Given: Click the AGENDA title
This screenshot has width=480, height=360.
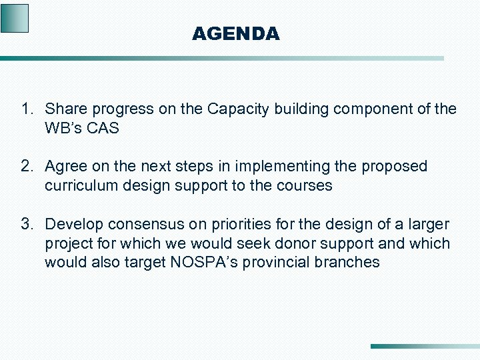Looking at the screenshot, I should click(235, 33).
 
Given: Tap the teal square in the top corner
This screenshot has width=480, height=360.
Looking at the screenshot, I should click(15, 18).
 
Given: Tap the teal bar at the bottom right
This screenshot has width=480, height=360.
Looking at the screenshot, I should click(425, 346).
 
